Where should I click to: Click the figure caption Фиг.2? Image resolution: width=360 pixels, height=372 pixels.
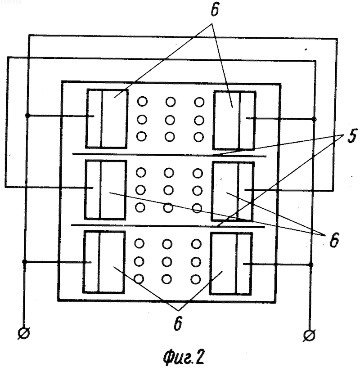183,358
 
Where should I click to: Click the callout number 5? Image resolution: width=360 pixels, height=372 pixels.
351,137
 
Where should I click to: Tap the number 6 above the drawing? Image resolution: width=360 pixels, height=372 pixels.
215,10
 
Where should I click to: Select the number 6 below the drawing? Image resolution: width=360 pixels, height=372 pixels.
178,323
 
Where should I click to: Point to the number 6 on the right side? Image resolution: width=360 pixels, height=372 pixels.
334,240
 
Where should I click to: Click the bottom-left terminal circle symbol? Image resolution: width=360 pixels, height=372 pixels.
24,334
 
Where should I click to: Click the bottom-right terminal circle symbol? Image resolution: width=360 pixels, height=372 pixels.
309,336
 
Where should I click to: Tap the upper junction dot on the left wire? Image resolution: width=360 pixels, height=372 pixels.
27,116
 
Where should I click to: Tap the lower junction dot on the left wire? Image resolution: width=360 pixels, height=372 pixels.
24,262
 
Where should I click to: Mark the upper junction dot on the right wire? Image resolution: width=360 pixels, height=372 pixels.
314,119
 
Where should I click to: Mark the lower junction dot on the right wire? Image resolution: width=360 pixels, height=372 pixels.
310,264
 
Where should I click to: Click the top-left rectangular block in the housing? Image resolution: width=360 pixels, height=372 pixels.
107,119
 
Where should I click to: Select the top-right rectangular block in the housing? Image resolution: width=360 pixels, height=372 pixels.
234,120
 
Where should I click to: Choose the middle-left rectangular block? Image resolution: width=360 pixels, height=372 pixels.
106,189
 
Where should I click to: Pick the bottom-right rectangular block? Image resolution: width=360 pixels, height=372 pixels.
231,264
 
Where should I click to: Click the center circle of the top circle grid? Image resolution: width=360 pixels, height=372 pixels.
170,120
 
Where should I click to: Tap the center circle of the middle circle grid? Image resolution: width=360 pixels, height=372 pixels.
168,190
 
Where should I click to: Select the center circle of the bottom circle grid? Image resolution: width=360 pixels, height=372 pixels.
167,262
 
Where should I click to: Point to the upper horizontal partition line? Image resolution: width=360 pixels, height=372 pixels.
169,155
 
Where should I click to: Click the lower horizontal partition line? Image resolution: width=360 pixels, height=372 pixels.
168,226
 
